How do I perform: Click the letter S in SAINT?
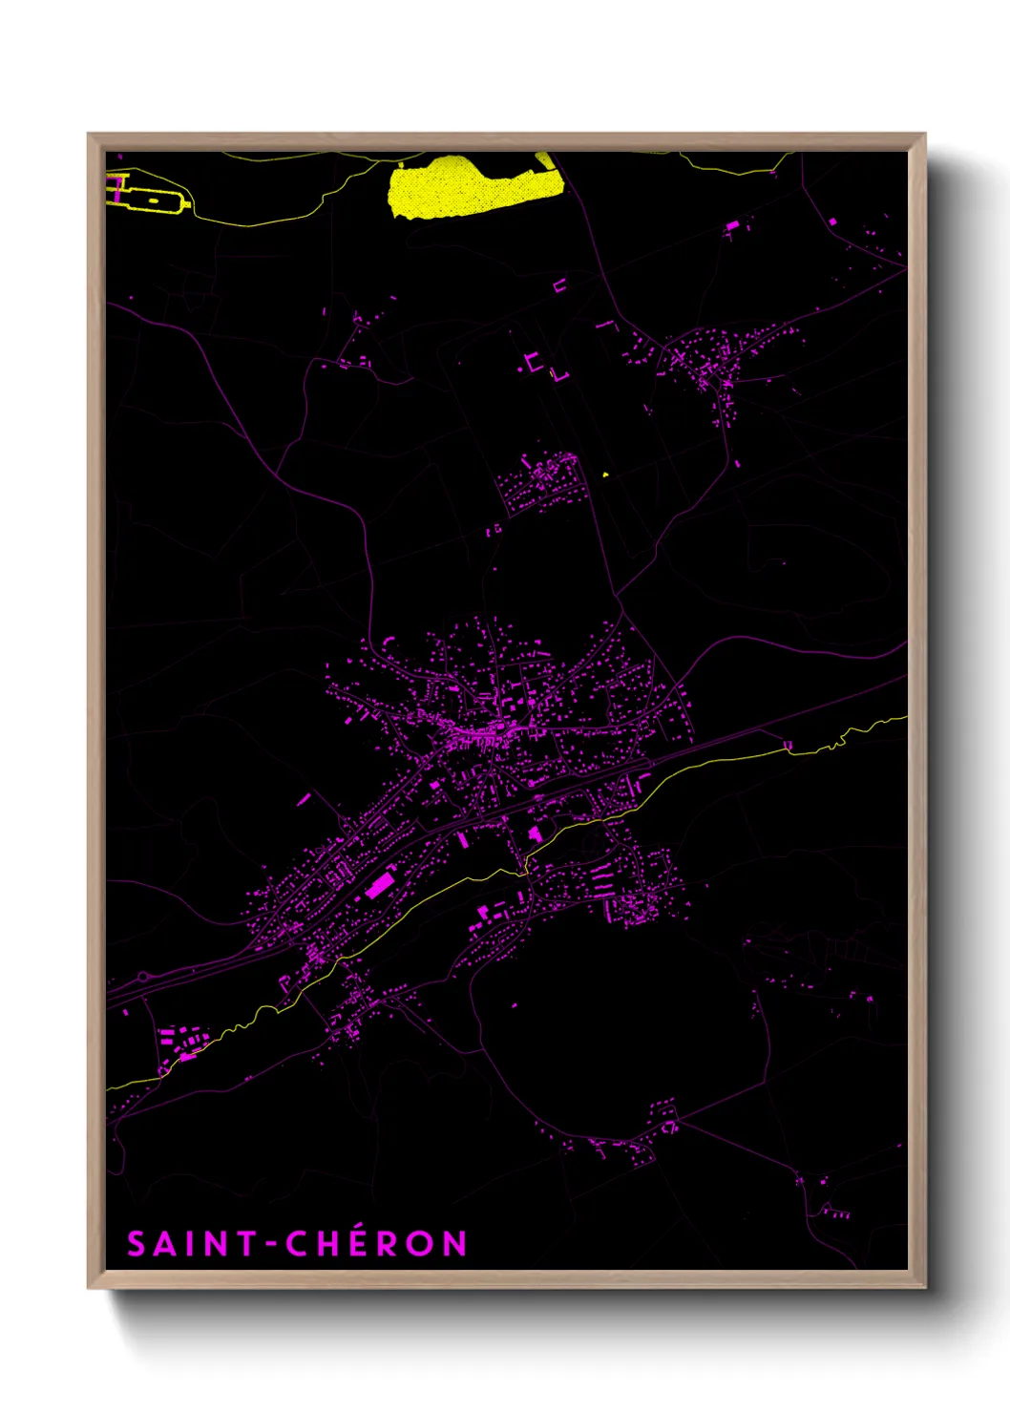point(137,1244)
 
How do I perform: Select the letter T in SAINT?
point(247,1244)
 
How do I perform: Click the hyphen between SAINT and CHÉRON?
point(271,1245)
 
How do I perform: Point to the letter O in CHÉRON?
point(420,1244)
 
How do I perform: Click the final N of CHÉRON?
point(454,1244)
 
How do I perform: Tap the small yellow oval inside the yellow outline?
point(153,201)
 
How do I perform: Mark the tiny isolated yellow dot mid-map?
point(605,474)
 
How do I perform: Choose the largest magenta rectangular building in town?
point(380,885)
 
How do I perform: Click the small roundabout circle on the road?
point(145,977)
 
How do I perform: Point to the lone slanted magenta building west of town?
point(305,798)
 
